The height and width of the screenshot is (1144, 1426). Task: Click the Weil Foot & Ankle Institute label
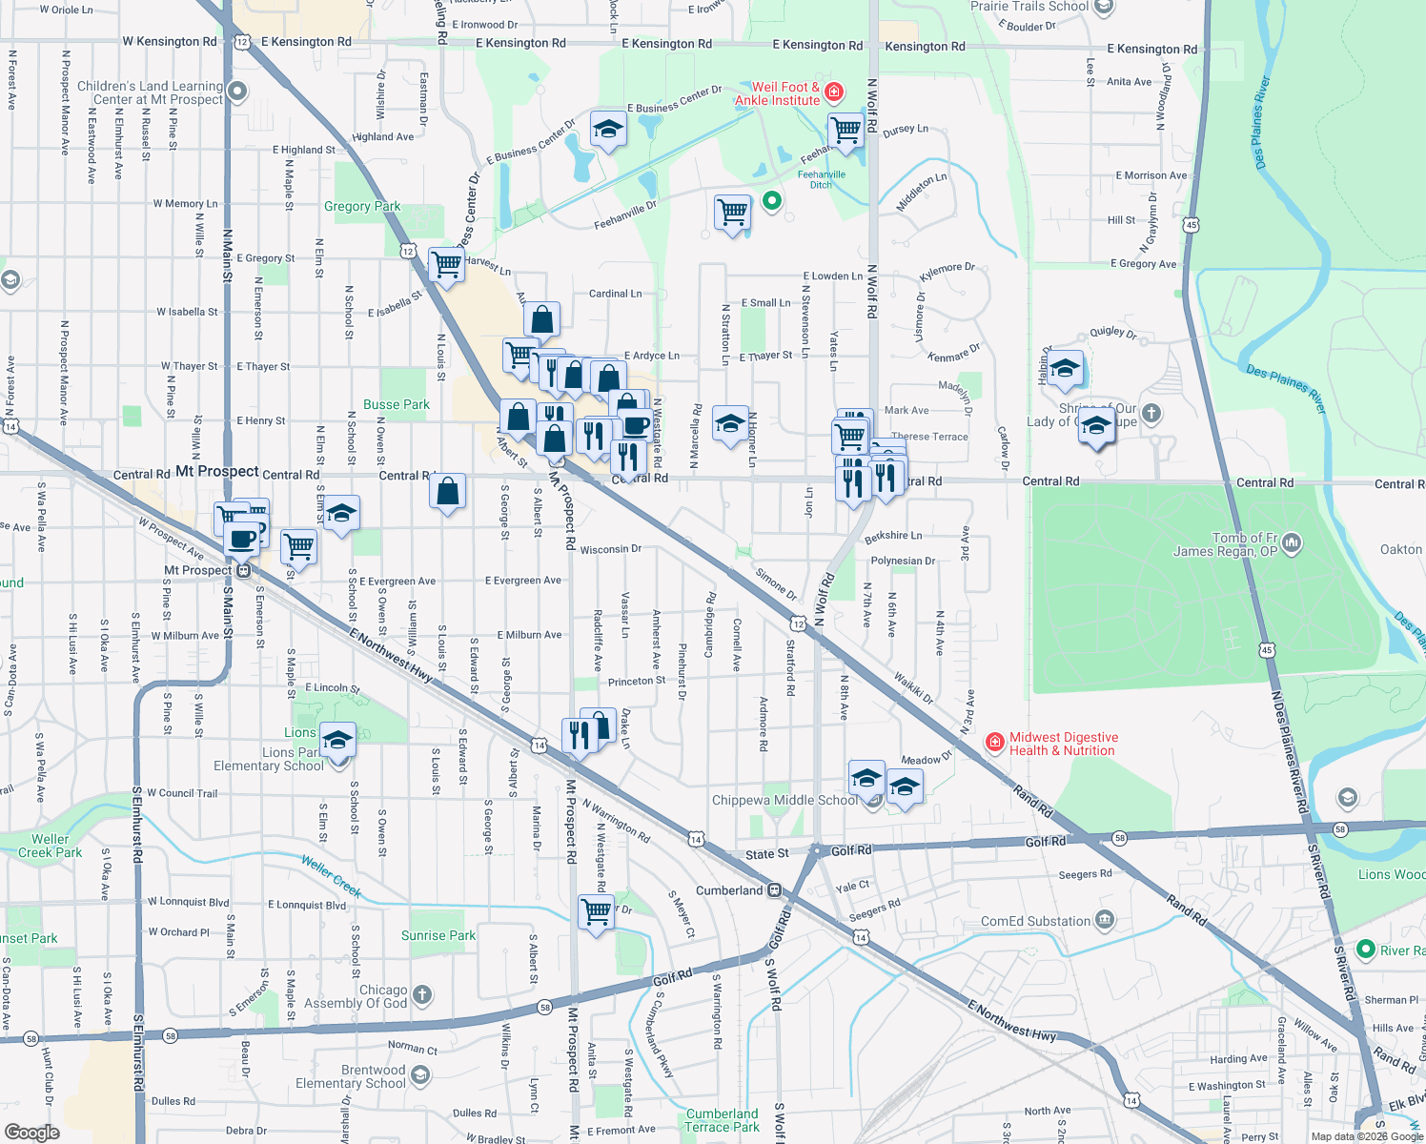click(x=777, y=93)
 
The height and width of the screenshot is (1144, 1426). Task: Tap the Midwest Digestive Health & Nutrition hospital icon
click(x=994, y=743)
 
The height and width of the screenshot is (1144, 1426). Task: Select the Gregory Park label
click(x=362, y=206)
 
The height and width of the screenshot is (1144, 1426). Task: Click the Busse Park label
click(x=397, y=404)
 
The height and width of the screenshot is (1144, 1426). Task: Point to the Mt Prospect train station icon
click(x=244, y=571)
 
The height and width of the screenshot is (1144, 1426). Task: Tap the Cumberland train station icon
click(x=775, y=890)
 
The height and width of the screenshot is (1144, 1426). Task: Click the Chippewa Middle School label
click(x=784, y=800)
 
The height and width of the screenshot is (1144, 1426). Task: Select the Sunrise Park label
click(x=438, y=935)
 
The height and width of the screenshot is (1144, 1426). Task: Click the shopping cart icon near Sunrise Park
click(x=597, y=912)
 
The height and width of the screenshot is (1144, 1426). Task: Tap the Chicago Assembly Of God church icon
click(x=422, y=995)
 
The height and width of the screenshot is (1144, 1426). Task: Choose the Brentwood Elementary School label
click(x=351, y=1076)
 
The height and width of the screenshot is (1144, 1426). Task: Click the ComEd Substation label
click(x=1035, y=921)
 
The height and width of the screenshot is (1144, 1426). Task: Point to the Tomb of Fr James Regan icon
click(x=1292, y=543)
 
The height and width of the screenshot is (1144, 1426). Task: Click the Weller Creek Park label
click(x=50, y=846)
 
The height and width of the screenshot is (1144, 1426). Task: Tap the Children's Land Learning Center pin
click(x=237, y=92)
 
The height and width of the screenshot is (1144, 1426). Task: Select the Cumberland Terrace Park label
click(x=722, y=1120)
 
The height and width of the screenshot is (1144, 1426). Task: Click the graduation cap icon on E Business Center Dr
click(x=607, y=130)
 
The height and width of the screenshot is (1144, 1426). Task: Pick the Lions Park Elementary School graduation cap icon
click(x=337, y=740)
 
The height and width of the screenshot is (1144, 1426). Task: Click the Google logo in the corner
click(x=32, y=1132)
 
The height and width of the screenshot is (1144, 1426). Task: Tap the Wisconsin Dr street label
click(x=610, y=549)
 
